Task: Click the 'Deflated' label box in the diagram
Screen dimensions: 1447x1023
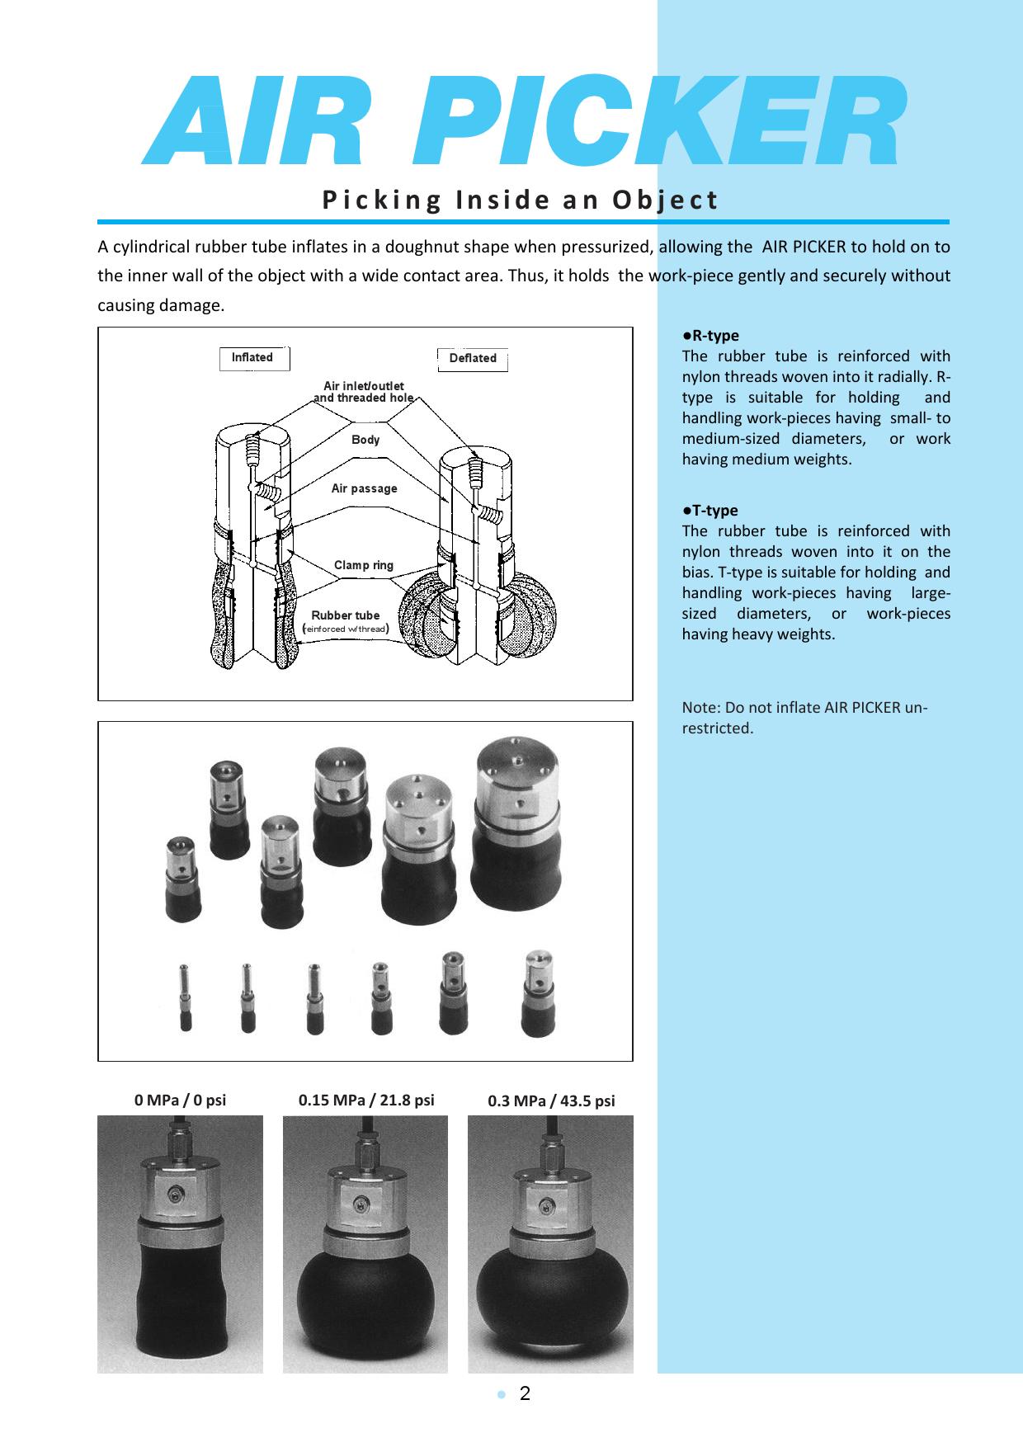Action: point(472,359)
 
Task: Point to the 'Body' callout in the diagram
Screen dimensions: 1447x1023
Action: point(365,440)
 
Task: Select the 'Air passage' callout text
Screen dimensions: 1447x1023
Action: point(364,488)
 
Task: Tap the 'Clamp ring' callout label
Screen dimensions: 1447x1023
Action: point(363,565)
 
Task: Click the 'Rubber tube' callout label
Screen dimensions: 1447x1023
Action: point(345,615)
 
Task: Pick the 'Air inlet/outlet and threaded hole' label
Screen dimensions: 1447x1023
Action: point(363,392)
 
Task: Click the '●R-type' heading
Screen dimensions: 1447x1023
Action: point(710,336)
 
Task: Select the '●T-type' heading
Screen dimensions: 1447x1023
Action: point(710,511)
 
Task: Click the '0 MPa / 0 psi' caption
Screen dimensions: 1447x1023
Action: point(180,1100)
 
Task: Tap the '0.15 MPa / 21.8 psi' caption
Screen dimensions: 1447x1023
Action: point(365,1100)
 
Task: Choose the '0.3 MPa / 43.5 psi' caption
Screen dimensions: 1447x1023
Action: point(550,1101)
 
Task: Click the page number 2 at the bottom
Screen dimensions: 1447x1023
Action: point(525,1394)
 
